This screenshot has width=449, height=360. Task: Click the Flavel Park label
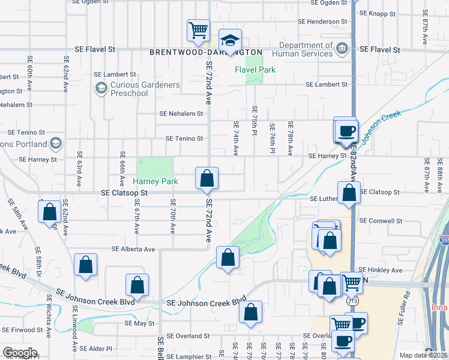click(255, 70)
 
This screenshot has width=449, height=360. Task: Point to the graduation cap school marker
click(230, 41)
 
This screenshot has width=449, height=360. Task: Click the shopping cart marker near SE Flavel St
click(198, 29)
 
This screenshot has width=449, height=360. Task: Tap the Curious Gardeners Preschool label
click(145, 89)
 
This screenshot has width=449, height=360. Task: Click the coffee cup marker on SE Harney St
click(346, 130)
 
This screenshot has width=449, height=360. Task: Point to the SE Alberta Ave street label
click(133, 249)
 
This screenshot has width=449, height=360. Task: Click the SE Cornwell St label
click(381, 221)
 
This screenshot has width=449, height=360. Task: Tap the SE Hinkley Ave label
click(381, 270)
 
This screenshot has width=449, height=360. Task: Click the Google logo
click(20, 353)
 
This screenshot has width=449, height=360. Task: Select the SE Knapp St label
click(377, 13)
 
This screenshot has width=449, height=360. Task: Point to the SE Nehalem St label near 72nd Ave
click(181, 113)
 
